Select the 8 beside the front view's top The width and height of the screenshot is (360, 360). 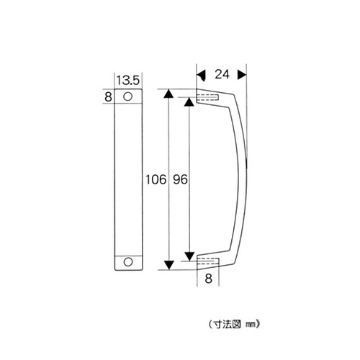(108, 96)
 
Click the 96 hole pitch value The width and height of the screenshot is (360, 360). (180, 179)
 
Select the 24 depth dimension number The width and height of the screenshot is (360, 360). (223, 73)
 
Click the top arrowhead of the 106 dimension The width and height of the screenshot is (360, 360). (168, 94)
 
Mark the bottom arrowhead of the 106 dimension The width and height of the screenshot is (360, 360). (168, 264)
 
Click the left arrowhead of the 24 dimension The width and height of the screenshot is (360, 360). (202, 73)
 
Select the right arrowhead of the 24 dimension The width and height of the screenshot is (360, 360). (242, 73)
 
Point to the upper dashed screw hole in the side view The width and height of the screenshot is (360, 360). (207, 97)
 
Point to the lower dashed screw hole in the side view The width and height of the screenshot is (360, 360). (207, 261)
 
